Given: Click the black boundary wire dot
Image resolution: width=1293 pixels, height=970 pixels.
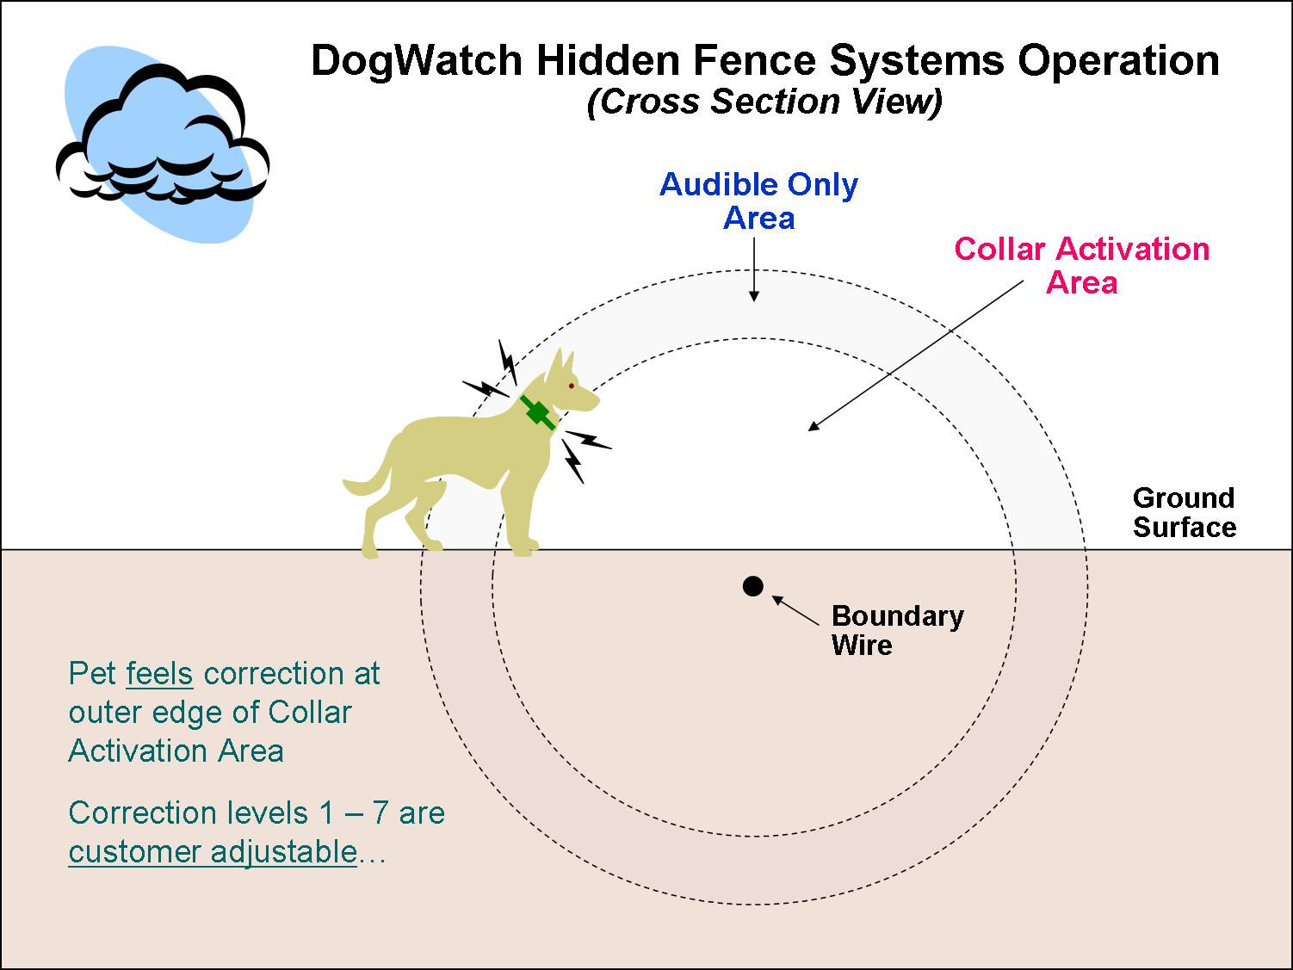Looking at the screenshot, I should [x=753, y=586].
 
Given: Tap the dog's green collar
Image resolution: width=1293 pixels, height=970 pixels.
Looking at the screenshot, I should [x=537, y=413].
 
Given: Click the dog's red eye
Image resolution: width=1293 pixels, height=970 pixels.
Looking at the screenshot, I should [x=571, y=386].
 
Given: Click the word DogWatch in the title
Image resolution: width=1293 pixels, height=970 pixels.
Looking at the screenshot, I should [x=416, y=61].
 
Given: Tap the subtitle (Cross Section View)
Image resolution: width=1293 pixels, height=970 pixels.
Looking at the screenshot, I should [x=764, y=102].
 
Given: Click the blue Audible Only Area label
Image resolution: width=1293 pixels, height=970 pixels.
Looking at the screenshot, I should [x=758, y=201].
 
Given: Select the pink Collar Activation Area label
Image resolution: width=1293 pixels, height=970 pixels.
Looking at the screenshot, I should [x=1082, y=265].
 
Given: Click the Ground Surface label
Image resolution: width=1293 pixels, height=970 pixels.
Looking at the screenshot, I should [x=1184, y=512].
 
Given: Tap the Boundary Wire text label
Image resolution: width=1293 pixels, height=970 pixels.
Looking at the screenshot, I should [x=897, y=630].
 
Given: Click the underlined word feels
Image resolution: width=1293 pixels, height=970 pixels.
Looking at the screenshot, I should [x=159, y=673].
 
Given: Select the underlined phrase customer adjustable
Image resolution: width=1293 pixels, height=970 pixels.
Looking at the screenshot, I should [x=212, y=851].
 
